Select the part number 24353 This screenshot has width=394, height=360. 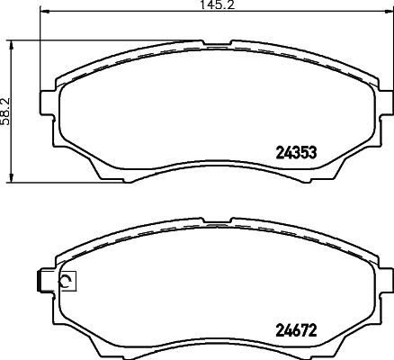(294, 152)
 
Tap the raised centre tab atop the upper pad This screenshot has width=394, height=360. (211, 42)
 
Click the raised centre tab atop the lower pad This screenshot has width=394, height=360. (211, 220)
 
